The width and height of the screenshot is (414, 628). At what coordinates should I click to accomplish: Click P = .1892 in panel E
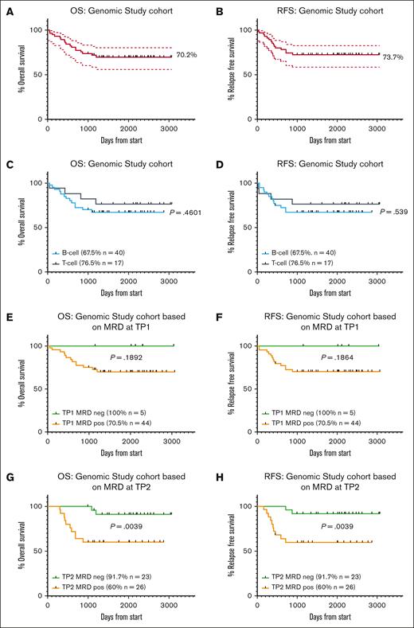116,357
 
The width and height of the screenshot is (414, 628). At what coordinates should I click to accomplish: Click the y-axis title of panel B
221,74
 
